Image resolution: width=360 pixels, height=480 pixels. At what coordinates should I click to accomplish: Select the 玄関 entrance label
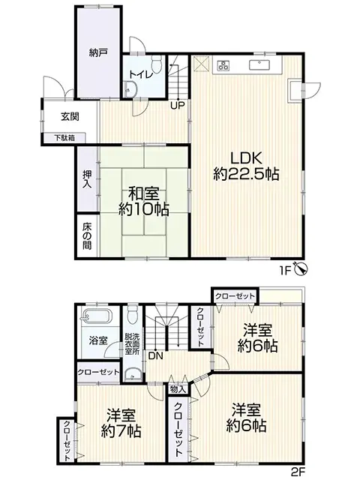(x=70, y=117)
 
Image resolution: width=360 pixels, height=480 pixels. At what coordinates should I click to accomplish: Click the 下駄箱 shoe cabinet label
(x=63, y=137)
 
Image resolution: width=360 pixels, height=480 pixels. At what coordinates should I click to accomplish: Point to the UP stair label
(x=177, y=105)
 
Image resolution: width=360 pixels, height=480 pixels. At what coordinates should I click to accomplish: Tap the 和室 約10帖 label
(x=142, y=201)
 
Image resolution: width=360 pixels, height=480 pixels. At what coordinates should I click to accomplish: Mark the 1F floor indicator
(x=286, y=268)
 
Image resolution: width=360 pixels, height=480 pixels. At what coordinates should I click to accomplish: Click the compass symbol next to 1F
(x=301, y=267)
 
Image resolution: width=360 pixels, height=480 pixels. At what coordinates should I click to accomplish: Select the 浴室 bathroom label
(x=97, y=340)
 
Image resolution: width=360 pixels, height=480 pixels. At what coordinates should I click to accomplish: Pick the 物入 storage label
(x=178, y=389)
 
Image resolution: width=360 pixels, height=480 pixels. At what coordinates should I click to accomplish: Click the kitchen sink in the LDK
(x=259, y=63)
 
